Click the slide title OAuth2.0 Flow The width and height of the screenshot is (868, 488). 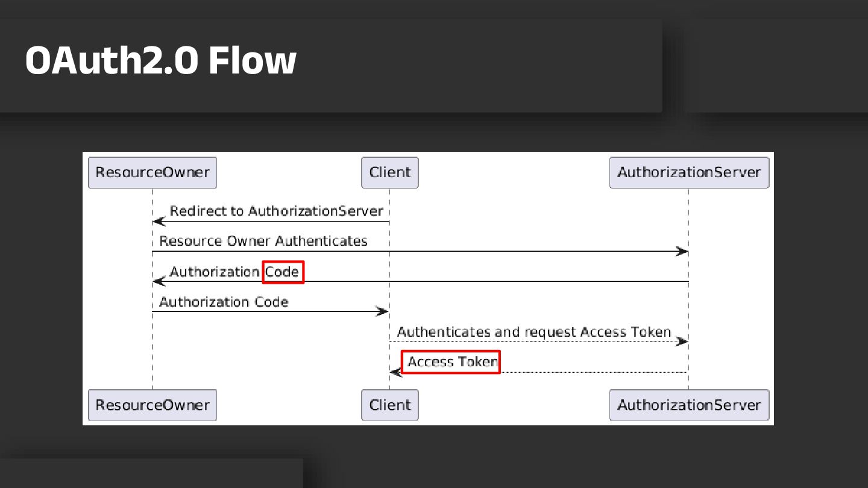160,60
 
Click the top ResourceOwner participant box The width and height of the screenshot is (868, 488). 153,172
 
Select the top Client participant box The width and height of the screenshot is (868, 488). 389,172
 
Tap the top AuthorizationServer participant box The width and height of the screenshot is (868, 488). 689,172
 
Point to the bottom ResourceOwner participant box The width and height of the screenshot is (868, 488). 153,405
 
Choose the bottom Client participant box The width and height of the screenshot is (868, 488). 389,405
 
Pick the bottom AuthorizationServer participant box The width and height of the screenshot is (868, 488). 689,405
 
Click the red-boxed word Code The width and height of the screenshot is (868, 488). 283,272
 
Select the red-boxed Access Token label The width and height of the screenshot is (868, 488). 451,362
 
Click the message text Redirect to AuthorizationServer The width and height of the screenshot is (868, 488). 276,211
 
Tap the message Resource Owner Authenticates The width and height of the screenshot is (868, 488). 263,241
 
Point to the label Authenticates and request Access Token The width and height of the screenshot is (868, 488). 534,332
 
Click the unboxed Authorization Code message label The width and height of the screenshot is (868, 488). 224,302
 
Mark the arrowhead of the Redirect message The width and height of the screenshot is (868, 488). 159,221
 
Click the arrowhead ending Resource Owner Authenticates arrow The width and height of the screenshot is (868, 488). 682,251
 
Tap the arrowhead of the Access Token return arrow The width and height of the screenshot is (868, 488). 395,372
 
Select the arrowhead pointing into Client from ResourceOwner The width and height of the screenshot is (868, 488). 383,311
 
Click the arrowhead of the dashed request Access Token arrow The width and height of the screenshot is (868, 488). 682,342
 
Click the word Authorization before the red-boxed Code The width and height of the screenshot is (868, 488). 215,272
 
